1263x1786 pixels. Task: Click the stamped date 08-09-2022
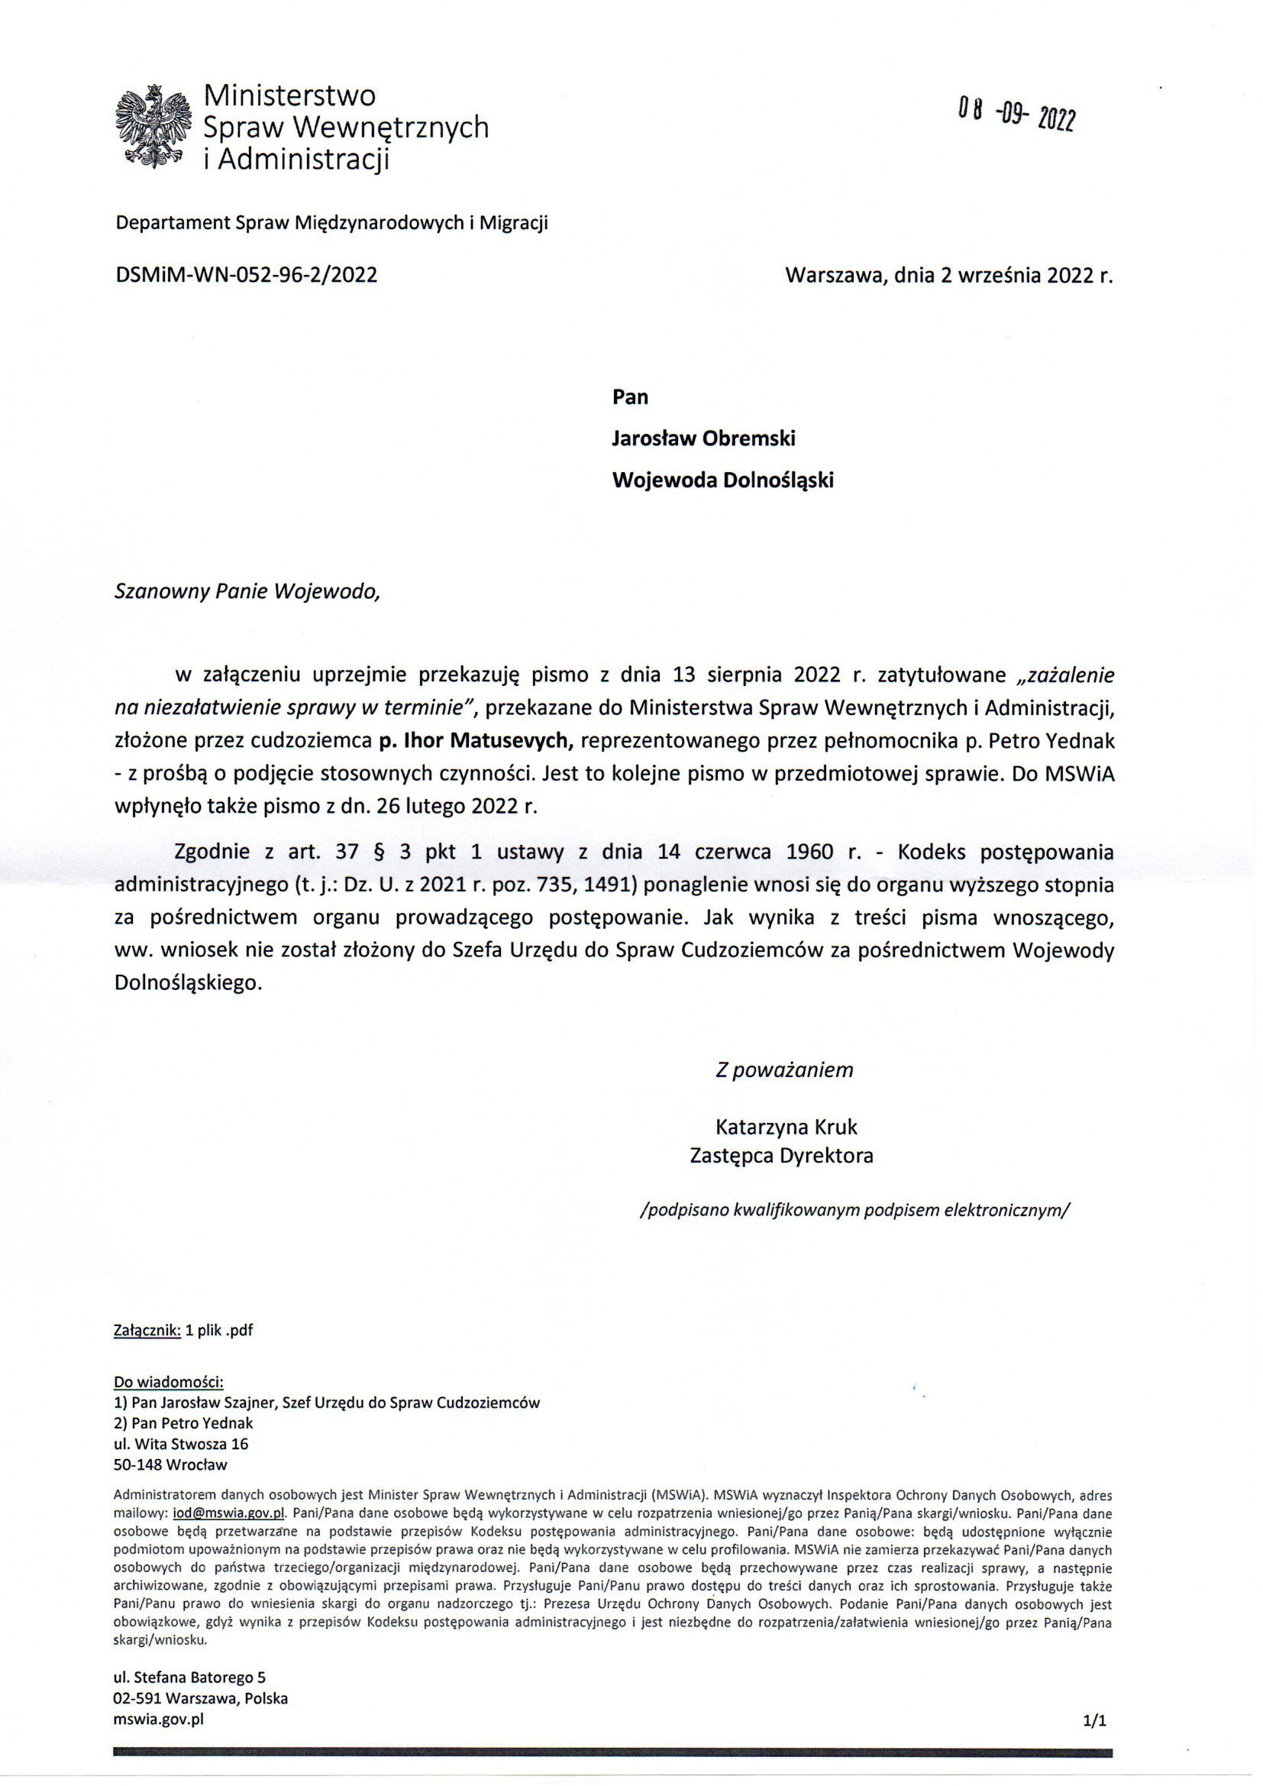tap(1016, 115)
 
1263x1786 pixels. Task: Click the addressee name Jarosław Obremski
tap(703, 438)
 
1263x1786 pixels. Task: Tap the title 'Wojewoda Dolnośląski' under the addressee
tap(722, 480)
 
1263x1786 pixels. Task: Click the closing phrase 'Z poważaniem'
tap(784, 1069)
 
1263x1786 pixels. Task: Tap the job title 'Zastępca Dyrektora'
tap(782, 1156)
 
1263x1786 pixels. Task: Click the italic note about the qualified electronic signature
tap(854, 1210)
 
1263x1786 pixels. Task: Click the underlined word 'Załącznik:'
tap(147, 1330)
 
